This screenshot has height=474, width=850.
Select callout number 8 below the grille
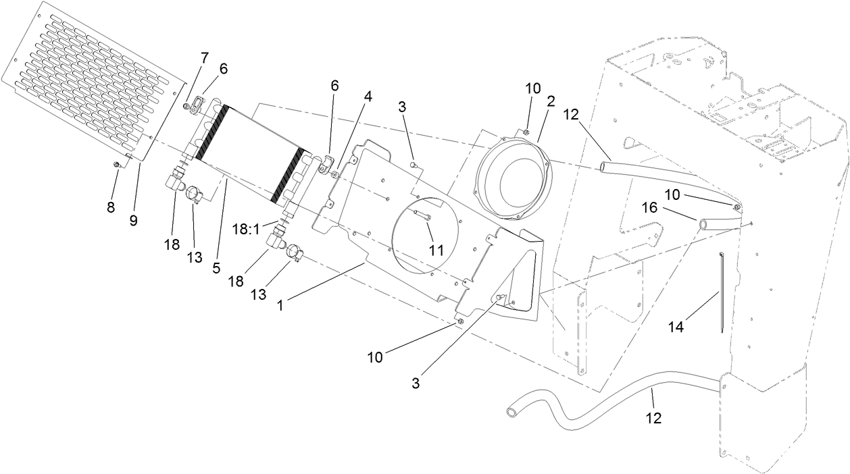111,207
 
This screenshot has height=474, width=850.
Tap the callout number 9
134,220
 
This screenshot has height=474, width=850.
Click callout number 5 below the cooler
216,268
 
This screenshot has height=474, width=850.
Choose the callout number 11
436,250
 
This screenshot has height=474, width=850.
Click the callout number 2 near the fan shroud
551,102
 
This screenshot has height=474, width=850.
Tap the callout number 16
648,208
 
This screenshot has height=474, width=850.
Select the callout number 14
676,327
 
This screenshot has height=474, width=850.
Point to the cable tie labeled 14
722,290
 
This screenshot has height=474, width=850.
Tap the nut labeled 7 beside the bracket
186,105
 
